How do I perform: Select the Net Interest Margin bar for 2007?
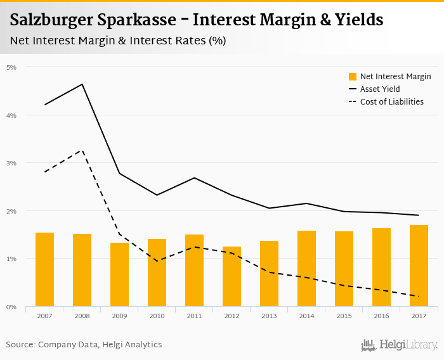44,269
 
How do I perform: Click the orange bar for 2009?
119,274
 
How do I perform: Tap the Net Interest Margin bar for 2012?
232,276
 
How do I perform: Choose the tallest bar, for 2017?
419,266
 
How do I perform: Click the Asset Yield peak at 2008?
82,84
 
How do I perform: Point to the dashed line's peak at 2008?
82,150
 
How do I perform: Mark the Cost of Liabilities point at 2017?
419,297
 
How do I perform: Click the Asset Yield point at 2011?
195,177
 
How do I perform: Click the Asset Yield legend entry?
380,89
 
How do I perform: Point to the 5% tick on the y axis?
12,67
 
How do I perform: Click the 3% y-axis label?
12,163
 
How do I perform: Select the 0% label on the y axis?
12,307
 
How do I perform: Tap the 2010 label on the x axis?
157,315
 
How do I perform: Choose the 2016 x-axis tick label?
381,315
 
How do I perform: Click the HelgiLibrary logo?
400,345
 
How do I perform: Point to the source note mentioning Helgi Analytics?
84,345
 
